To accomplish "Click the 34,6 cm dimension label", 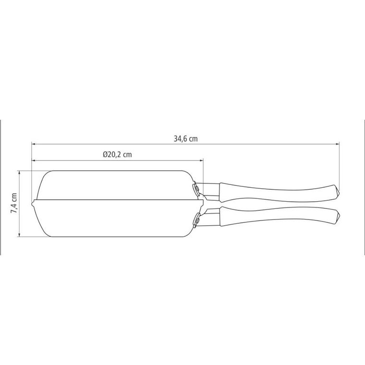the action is [185, 139].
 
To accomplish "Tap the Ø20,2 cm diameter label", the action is [117, 154].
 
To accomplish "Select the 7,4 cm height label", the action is [14, 203].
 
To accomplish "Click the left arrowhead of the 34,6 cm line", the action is [33, 144].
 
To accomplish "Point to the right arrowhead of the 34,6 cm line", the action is [337, 144].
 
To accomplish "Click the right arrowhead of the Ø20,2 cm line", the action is [201, 160].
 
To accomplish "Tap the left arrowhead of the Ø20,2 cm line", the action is [33, 160].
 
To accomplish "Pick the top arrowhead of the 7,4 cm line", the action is [19, 172].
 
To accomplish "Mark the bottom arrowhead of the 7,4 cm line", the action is [19, 235].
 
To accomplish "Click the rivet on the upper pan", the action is [197, 188].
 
